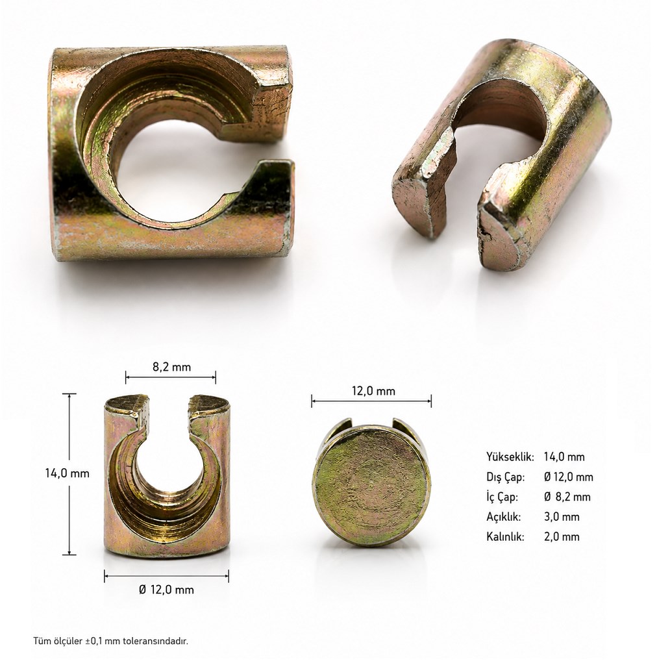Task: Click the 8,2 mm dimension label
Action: [x=171, y=367]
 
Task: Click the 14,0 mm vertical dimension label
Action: [x=68, y=473]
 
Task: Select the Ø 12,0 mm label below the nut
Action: [x=167, y=590]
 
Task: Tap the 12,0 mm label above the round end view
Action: [x=373, y=391]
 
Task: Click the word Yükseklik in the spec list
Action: [x=510, y=457]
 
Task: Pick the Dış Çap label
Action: [x=506, y=477]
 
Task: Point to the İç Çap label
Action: [x=502, y=497]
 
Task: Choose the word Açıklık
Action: [x=504, y=517]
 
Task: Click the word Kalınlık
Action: [x=505, y=536]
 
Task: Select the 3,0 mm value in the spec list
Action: [x=562, y=517]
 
